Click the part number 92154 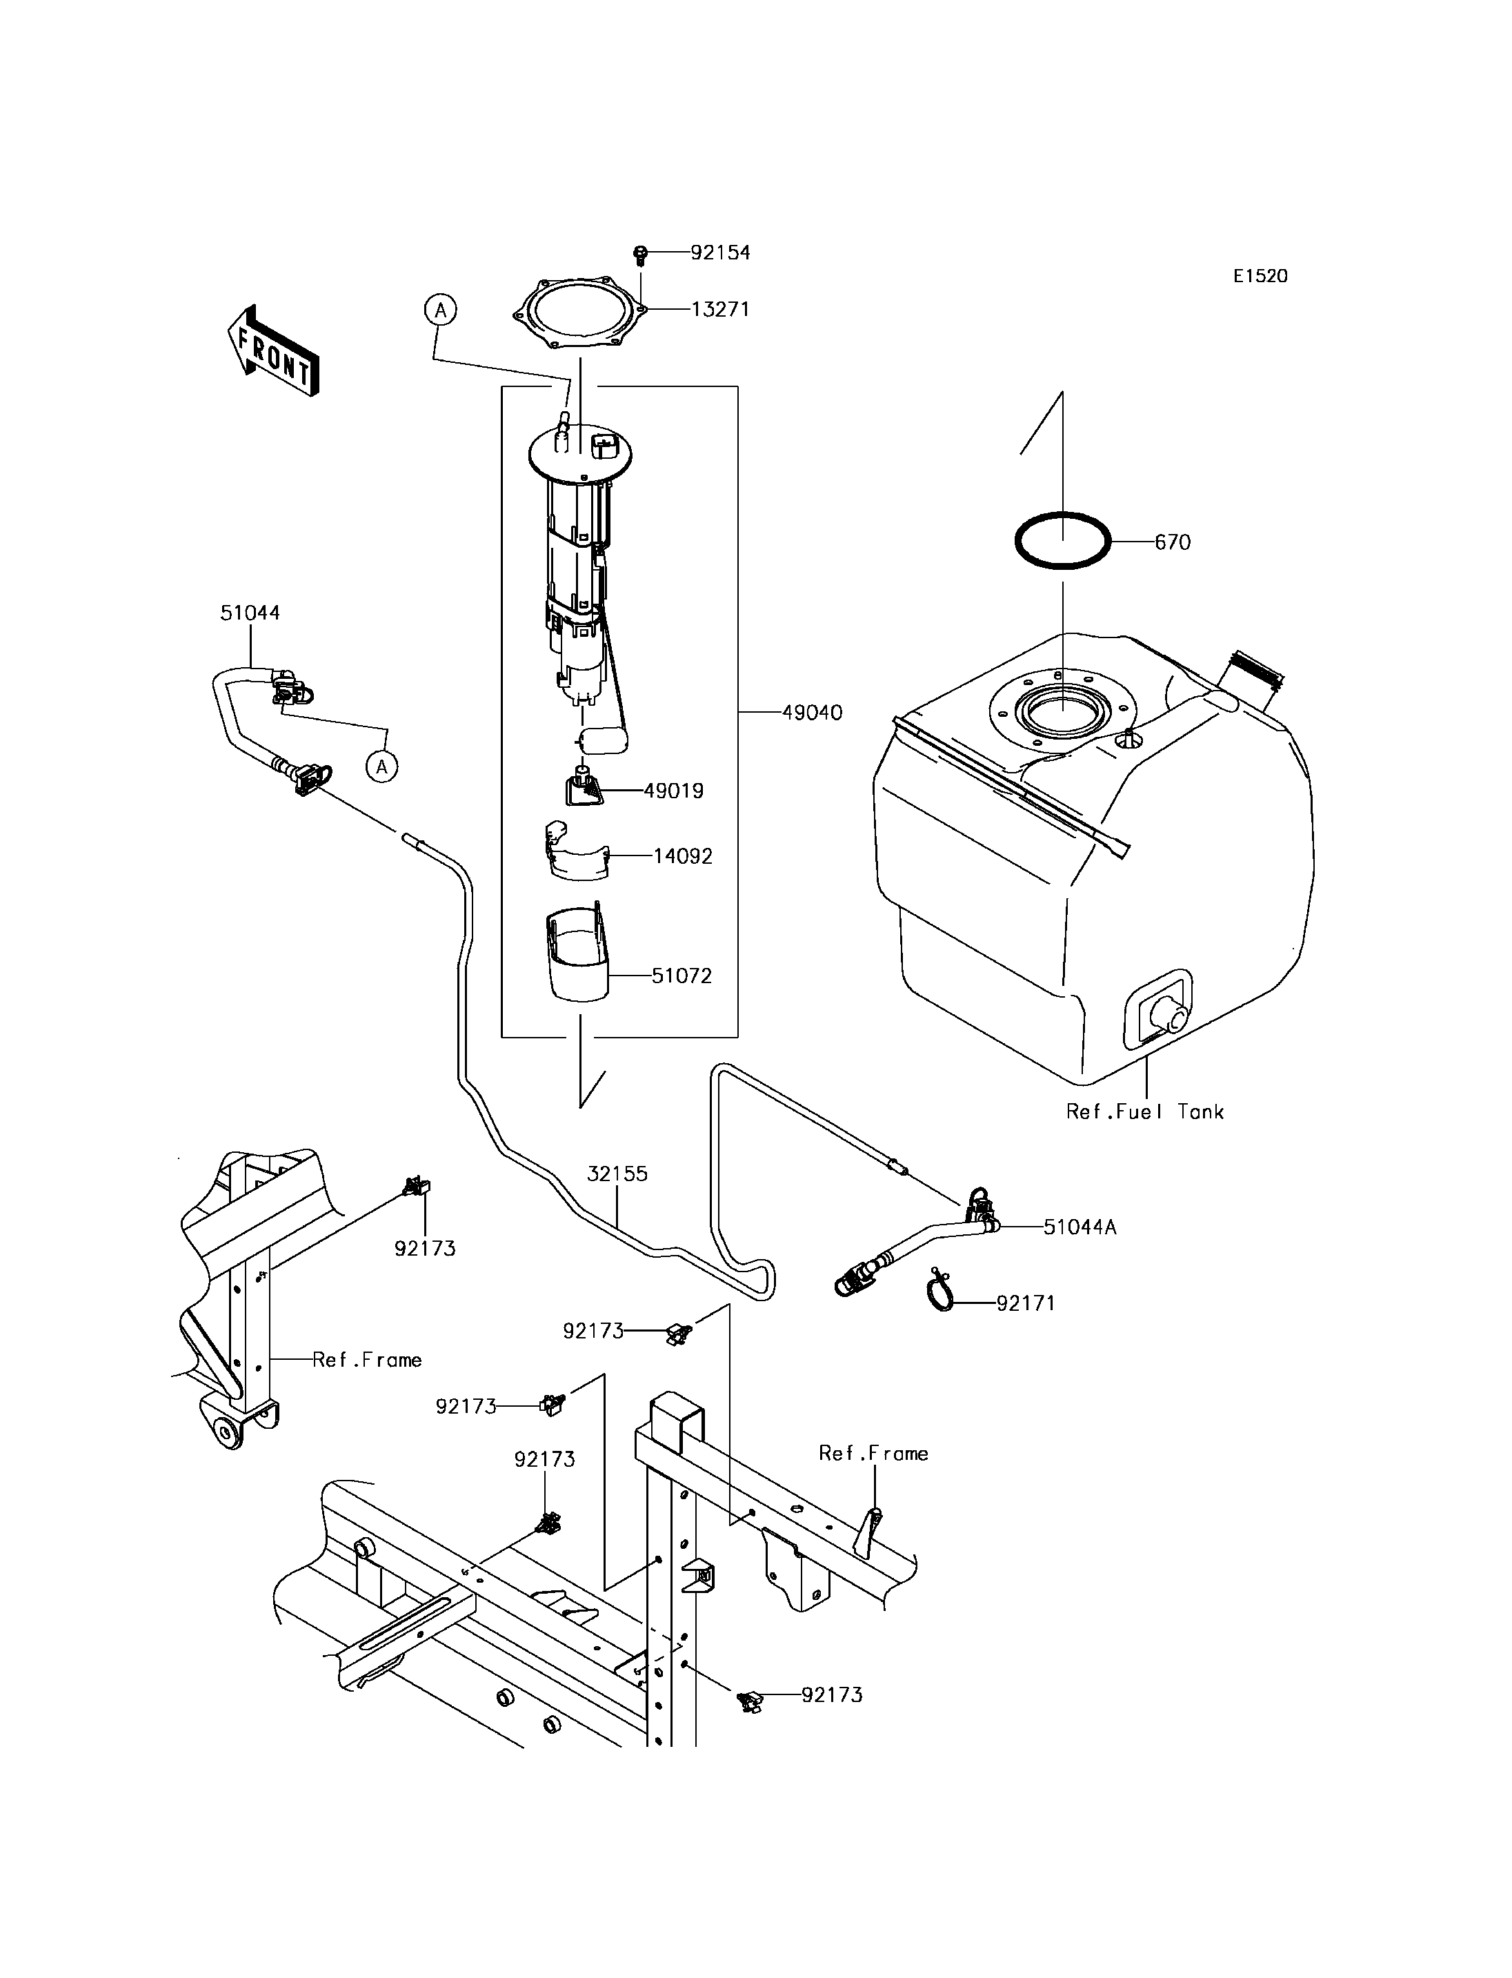click(x=720, y=253)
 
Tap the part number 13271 click(x=720, y=310)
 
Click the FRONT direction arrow click(x=272, y=351)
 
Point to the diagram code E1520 click(x=1260, y=277)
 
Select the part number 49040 click(x=812, y=713)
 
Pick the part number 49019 click(x=673, y=791)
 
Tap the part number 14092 click(x=682, y=856)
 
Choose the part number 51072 click(x=682, y=976)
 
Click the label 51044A click(x=1080, y=1227)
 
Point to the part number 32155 click(x=617, y=1174)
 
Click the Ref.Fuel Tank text click(x=1145, y=1112)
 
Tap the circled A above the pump click(x=440, y=310)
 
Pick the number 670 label click(x=1172, y=543)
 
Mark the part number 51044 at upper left click(x=250, y=613)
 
